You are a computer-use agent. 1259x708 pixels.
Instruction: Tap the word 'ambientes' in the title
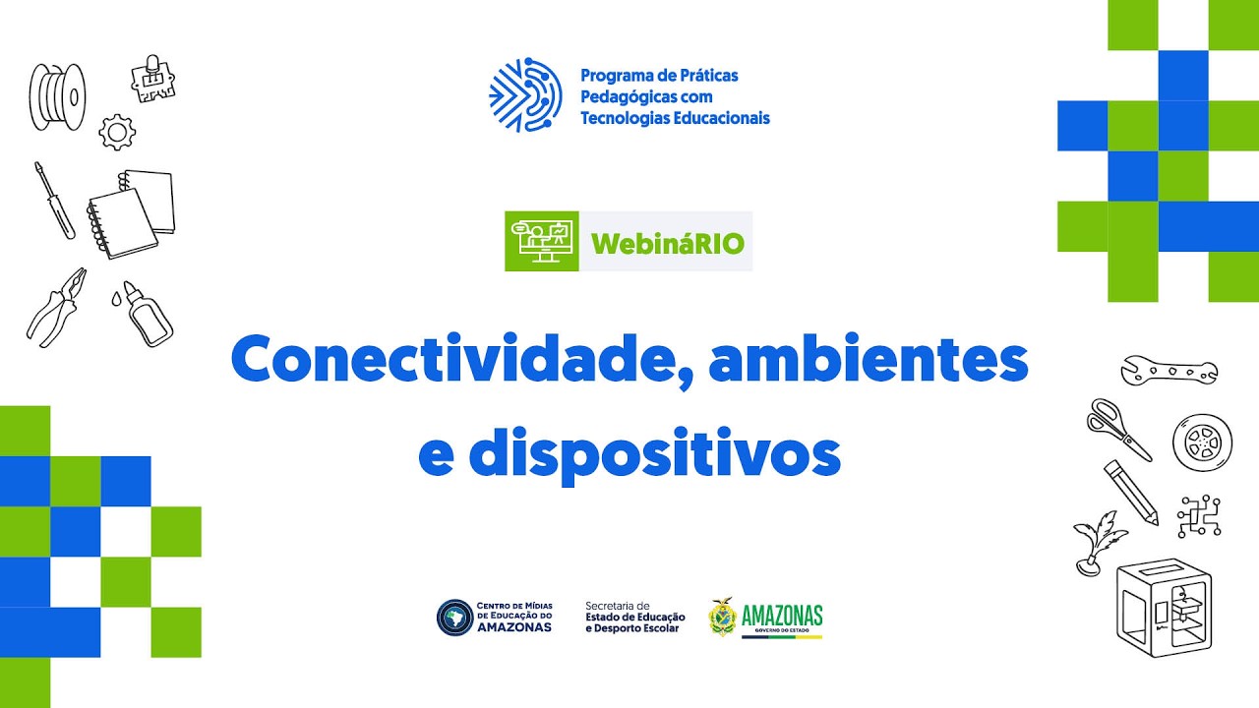pos(869,362)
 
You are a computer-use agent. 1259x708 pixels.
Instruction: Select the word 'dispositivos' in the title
pos(654,453)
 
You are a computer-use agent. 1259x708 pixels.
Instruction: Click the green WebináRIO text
pos(667,242)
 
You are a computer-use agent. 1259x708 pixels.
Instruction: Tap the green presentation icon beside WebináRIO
pos(541,241)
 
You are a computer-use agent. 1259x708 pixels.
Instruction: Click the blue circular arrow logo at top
pos(525,95)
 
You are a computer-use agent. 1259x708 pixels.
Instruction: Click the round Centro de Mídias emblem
pos(453,618)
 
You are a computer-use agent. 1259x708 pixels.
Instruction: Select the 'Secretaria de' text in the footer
pos(618,606)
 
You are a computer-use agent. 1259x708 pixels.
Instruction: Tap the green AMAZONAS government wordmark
pos(782,616)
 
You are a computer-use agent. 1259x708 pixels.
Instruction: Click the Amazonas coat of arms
pos(723,618)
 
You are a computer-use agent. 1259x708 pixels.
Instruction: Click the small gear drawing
pos(117,132)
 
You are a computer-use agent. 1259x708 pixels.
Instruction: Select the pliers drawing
pos(57,306)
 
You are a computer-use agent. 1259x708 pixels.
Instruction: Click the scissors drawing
pos(1117,428)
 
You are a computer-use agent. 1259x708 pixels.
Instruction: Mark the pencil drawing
pos(1131,493)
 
